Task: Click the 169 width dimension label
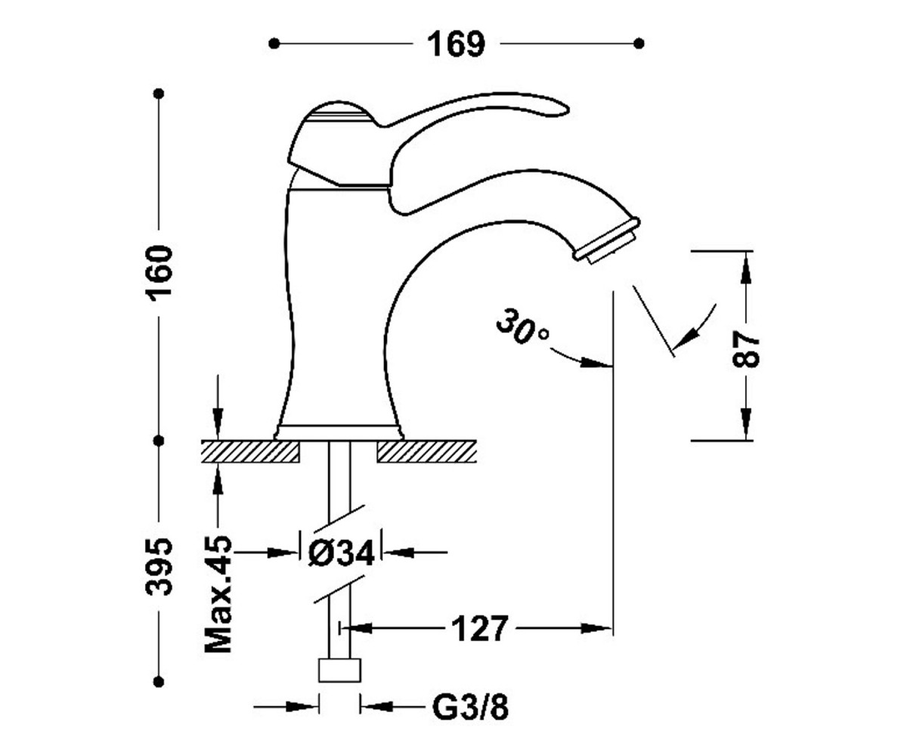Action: tap(456, 45)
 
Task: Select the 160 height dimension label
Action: tap(159, 273)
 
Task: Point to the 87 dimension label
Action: tap(746, 350)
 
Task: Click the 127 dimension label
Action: tap(479, 628)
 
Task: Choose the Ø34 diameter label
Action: tap(341, 553)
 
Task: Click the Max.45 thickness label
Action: tap(218, 594)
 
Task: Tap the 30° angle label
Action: tap(522, 327)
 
